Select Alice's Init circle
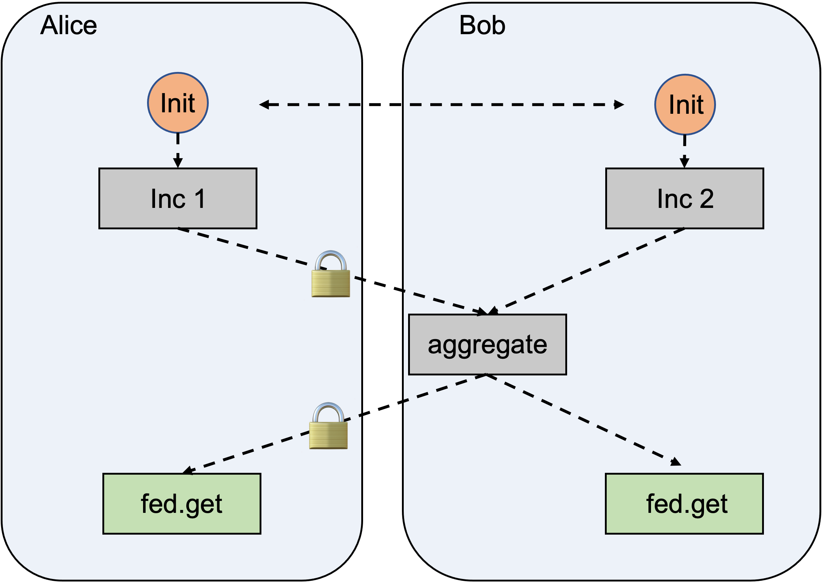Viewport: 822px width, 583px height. coord(178,103)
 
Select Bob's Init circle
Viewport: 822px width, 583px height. coord(685,104)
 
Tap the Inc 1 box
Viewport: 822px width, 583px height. coord(178,198)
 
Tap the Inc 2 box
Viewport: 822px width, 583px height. coord(684,198)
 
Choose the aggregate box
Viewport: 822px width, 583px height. coord(487,344)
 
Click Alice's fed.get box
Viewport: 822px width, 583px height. coord(182,503)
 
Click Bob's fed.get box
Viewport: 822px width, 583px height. coord(684,503)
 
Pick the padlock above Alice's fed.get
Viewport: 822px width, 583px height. coord(328,427)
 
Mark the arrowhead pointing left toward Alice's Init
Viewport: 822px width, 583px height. coord(264,105)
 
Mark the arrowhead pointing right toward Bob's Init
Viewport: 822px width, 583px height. coord(619,105)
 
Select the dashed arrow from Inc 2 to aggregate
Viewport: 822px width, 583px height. coord(588,271)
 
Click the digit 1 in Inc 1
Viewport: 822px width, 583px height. coord(199,198)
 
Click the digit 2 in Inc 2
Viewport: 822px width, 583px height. coord(707,198)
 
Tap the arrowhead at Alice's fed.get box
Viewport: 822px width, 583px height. coord(187,471)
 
